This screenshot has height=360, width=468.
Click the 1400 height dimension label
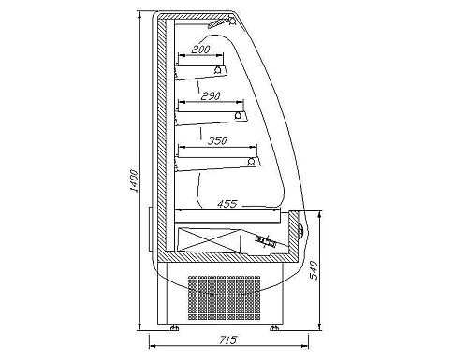[x=135, y=180]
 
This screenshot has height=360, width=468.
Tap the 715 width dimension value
[x=228, y=339]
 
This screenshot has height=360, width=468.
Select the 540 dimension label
[x=314, y=269]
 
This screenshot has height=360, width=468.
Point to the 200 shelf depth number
[x=200, y=50]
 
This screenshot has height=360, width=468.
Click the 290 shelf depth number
[x=211, y=95]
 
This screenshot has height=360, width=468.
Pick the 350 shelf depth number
[x=217, y=141]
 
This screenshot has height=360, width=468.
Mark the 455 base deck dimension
[x=227, y=204]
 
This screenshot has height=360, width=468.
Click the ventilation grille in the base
[x=224, y=297]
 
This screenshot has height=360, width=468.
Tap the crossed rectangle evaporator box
[x=209, y=239]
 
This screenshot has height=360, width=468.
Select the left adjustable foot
[x=174, y=328]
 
